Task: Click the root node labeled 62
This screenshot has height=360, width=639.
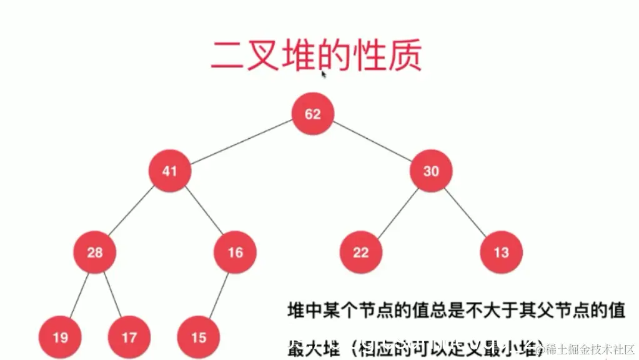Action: (x=313, y=114)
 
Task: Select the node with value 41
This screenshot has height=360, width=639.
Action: (x=170, y=171)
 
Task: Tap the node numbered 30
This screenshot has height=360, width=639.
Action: (x=431, y=171)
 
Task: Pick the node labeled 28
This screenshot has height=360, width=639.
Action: (x=94, y=252)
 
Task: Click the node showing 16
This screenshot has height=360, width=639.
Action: (x=235, y=252)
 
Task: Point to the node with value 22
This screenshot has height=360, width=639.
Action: (x=361, y=252)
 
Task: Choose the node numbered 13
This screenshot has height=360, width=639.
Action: (x=501, y=252)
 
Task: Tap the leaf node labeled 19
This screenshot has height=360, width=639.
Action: (x=61, y=337)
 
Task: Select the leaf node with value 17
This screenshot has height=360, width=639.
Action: (x=129, y=337)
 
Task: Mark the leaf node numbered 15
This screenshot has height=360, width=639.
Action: (x=199, y=337)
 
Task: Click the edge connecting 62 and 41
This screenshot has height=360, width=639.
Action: (x=242, y=142)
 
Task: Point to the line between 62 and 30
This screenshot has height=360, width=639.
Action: (x=372, y=142)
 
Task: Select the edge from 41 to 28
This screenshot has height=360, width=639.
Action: (x=132, y=211)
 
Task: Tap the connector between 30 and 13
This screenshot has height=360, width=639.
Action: (x=466, y=211)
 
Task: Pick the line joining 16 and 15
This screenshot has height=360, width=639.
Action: (x=217, y=295)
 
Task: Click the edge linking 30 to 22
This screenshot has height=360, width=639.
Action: (x=396, y=211)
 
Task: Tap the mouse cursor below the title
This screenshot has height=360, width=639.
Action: (x=324, y=74)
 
